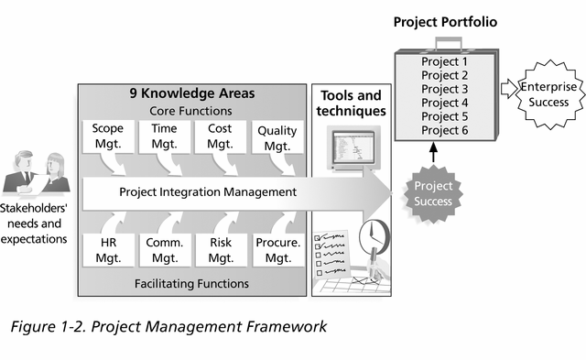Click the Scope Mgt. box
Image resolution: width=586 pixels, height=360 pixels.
coord(108,136)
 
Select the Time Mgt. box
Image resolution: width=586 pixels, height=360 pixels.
coord(164,136)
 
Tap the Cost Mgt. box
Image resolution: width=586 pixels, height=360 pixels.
coord(220,136)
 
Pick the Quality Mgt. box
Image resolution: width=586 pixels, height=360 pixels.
coord(277,137)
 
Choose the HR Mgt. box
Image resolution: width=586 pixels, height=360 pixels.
coord(108,250)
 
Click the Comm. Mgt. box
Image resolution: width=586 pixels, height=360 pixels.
coord(165,250)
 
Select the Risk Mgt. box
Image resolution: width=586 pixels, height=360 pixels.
coord(221,250)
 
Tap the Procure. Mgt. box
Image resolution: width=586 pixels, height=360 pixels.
coord(278,250)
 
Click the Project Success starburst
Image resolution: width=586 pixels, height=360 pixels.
coord(433,193)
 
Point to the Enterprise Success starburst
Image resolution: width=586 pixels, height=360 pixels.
coord(548,94)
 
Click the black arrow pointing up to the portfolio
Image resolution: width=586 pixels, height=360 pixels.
coord(433,152)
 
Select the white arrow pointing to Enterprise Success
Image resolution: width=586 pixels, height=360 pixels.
coord(508,89)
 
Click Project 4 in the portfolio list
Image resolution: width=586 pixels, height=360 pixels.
coord(445,103)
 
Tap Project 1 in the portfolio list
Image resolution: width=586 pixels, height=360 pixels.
coord(445,61)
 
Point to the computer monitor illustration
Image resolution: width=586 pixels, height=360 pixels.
coord(353,148)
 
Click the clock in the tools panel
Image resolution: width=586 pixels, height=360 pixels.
coord(374,236)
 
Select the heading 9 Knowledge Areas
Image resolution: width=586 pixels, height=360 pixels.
coord(192,93)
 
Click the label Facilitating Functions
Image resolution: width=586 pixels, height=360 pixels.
coord(191,284)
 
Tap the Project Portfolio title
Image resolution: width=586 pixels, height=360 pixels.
coord(445,22)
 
